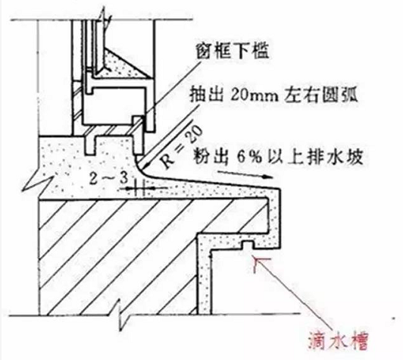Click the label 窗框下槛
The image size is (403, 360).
point(233,52)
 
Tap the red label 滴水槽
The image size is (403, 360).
point(338,341)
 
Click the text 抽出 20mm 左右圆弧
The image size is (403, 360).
point(273,95)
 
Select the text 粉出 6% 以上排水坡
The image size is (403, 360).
point(278,156)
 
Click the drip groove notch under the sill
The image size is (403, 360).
point(247,245)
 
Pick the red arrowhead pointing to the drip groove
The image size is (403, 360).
point(260,263)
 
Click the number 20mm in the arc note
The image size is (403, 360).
point(255,95)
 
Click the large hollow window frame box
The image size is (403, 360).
point(114,105)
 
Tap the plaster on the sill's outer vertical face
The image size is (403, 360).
point(274,220)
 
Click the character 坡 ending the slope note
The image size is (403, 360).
point(355,156)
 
